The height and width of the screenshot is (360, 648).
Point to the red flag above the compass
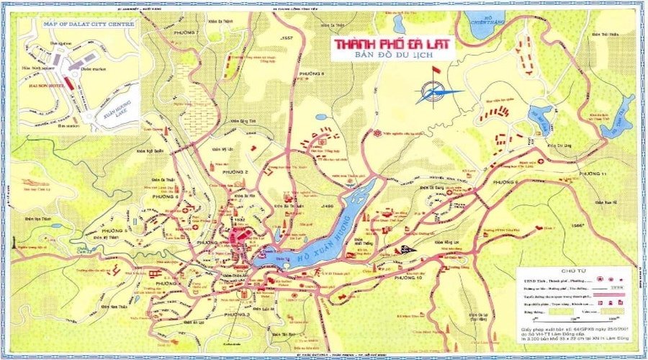(x=434, y=71)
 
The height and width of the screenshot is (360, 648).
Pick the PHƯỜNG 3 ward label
(x=237, y=315)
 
